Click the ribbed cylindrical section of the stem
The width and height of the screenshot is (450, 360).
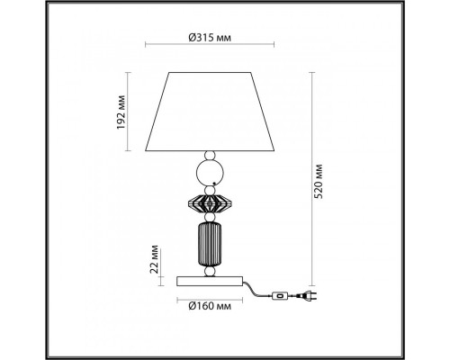tap(209, 245)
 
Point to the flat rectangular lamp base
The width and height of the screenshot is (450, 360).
tap(209, 280)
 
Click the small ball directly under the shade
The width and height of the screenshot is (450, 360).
tap(209, 155)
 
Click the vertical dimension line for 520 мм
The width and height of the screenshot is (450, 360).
tap(313, 175)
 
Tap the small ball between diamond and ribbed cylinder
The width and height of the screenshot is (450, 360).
tap(209, 220)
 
